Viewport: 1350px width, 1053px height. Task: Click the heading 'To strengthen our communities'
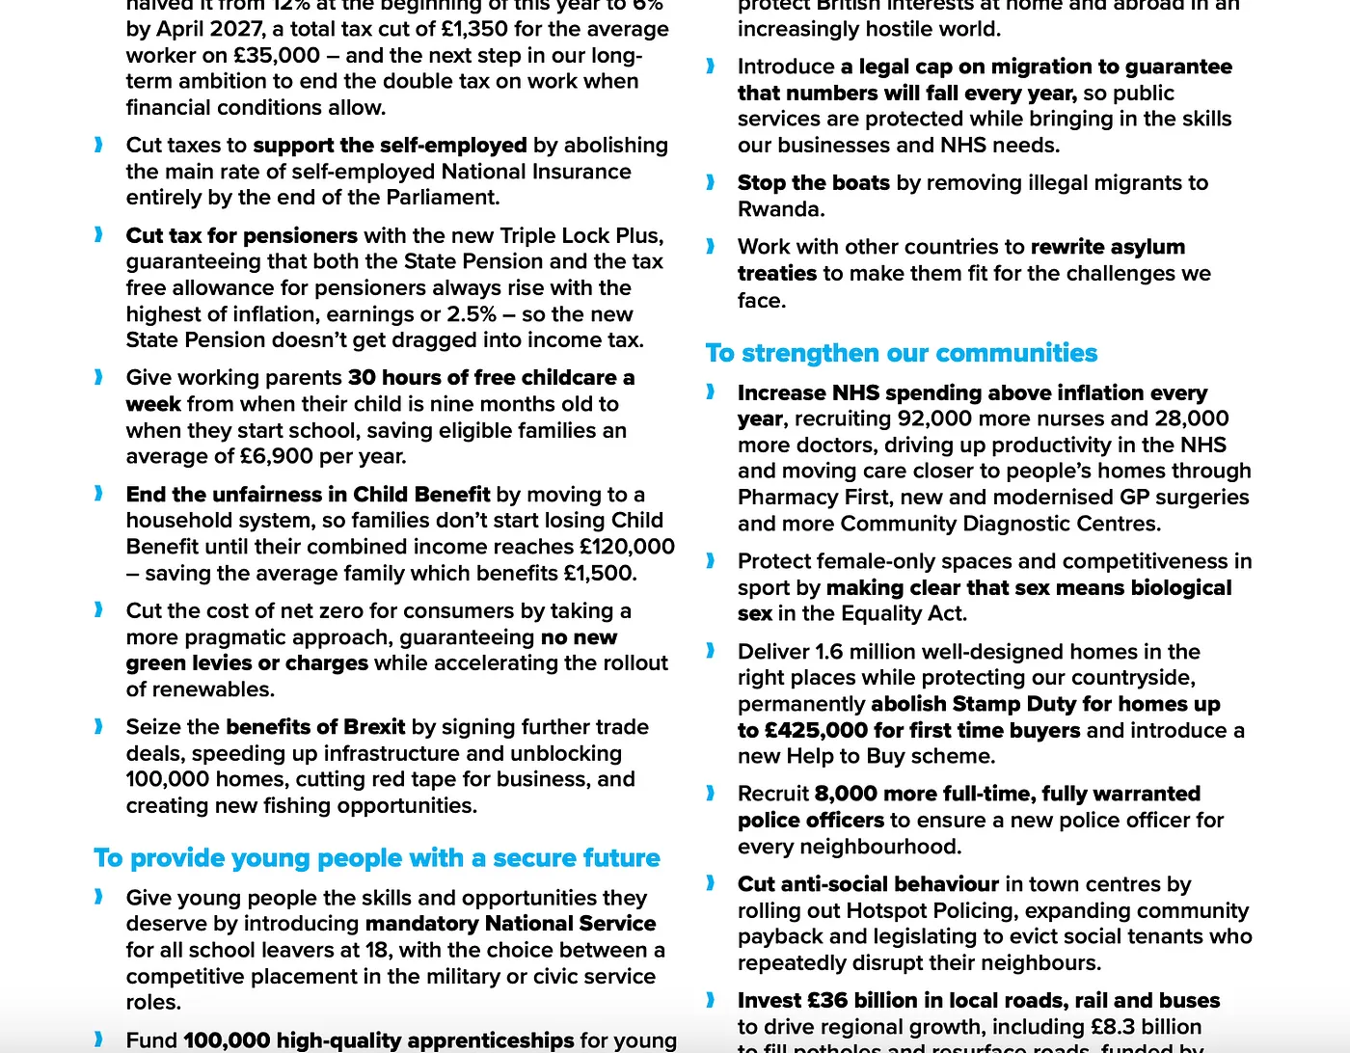click(901, 353)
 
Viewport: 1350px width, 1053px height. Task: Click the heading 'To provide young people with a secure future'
click(377, 858)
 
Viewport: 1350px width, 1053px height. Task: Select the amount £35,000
click(276, 55)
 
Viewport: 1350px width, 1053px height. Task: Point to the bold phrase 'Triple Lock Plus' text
click(580, 235)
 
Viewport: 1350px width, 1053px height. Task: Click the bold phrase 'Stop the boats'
click(813, 182)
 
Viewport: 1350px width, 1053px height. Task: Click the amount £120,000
click(627, 547)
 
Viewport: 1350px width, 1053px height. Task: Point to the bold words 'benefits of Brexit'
click(315, 727)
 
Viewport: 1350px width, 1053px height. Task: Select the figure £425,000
click(815, 731)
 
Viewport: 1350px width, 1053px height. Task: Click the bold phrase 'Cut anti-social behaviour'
click(868, 884)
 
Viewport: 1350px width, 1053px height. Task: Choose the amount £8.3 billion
click(1146, 1027)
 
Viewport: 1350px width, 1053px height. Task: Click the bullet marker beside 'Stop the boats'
click(711, 182)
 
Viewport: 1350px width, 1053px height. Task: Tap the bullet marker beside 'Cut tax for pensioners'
click(98, 235)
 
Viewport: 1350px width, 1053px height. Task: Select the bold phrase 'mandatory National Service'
click(510, 924)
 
